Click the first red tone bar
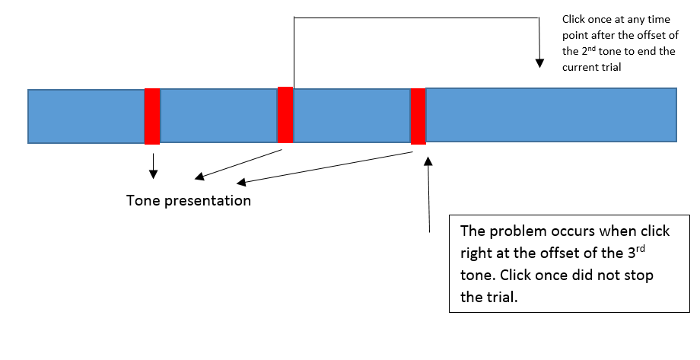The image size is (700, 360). [152, 116]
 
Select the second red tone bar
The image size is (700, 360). [285, 115]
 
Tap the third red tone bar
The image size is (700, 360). [418, 116]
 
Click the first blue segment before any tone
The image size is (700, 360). [86, 116]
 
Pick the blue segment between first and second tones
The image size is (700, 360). [219, 116]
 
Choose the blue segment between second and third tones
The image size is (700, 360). [352, 116]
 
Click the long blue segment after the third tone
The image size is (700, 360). [552, 115]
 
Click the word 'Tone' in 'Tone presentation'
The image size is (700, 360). [143, 200]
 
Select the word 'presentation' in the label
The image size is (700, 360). [208, 201]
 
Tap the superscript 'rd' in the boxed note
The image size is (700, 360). [640, 248]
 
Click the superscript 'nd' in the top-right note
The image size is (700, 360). [591, 47]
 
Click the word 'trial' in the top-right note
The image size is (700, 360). [611, 68]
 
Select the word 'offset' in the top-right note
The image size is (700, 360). [650, 35]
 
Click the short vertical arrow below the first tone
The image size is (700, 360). [153, 166]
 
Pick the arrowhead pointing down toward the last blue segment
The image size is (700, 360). [539, 63]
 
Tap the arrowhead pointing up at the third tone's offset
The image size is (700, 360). [428, 161]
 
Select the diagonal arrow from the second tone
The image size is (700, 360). [239, 164]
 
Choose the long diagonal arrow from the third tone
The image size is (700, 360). [325, 168]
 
